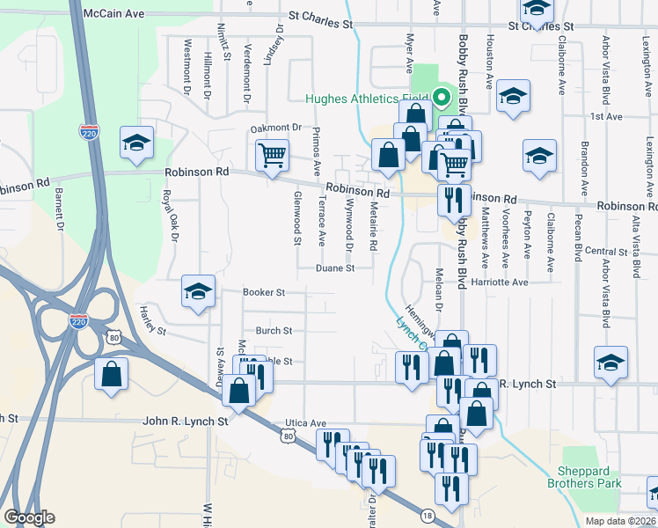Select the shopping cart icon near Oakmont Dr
click(273, 155)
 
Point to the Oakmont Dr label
click(275, 128)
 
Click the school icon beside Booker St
click(199, 291)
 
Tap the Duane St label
click(335, 268)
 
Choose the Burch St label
click(273, 331)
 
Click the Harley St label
click(153, 321)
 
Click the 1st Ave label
click(606, 116)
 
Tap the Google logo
click(29, 517)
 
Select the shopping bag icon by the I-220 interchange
click(113, 374)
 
